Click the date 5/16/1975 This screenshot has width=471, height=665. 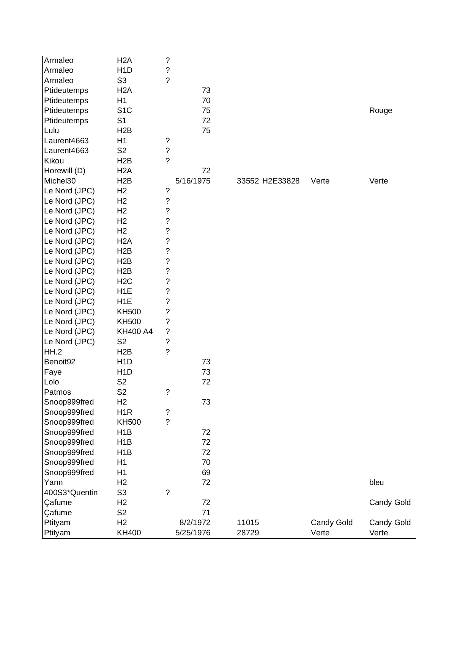(x=192, y=181)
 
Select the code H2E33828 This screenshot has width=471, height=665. (x=280, y=181)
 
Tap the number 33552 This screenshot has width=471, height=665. (x=247, y=181)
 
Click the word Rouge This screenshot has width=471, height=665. (x=380, y=110)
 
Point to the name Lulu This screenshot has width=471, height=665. (x=52, y=130)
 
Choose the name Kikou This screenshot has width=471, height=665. (x=54, y=161)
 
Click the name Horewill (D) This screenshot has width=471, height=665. (x=65, y=171)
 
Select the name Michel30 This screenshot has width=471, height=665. (x=60, y=181)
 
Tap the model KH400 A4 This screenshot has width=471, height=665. (x=134, y=331)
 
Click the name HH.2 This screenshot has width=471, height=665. (x=53, y=352)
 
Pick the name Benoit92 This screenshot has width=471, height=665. (x=60, y=362)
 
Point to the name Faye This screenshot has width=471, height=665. (x=53, y=372)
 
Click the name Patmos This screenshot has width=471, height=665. (x=57, y=392)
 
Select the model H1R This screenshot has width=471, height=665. (x=124, y=412)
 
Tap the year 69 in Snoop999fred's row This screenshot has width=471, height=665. (x=206, y=472)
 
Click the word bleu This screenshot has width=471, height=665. (x=376, y=482)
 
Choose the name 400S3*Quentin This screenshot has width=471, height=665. (x=71, y=492)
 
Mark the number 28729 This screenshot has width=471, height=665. (x=247, y=533)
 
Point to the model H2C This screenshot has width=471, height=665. (x=124, y=281)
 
